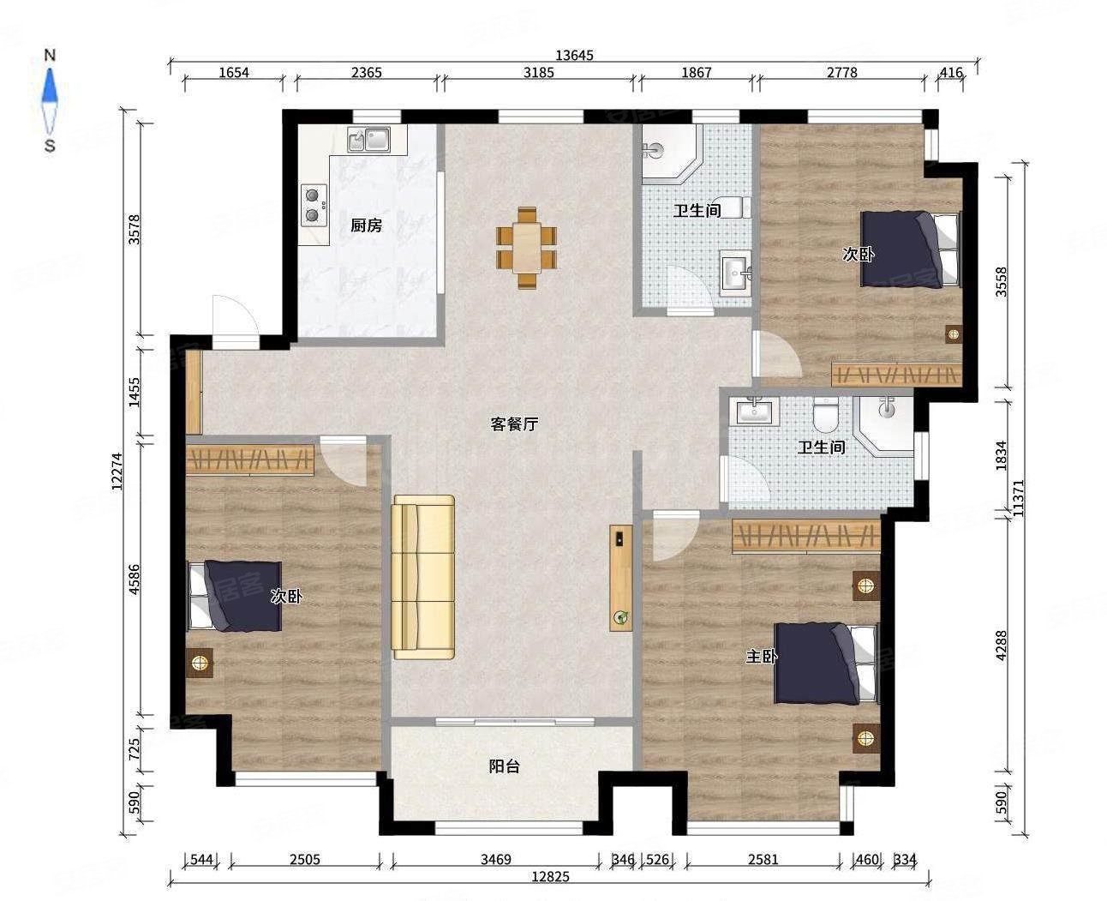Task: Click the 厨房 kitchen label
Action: tap(367, 225)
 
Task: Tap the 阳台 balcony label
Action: tap(504, 766)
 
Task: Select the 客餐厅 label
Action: tap(514, 424)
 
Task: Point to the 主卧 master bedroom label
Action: tap(762, 657)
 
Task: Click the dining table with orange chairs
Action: tap(526, 248)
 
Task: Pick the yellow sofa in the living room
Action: tap(423, 577)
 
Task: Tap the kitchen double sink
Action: tap(369, 140)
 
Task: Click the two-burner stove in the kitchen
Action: tap(314, 205)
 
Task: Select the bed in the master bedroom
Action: tap(826, 664)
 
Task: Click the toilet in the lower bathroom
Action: tap(825, 415)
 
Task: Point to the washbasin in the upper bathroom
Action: tap(735, 273)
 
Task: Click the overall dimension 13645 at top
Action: tap(574, 55)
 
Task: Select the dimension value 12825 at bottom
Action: tap(550, 877)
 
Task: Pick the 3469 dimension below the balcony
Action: tap(496, 859)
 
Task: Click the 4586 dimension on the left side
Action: tap(134, 580)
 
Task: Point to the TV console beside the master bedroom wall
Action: tap(621, 578)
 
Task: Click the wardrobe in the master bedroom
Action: tap(806, 536)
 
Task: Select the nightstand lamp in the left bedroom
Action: tap(200, 663)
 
